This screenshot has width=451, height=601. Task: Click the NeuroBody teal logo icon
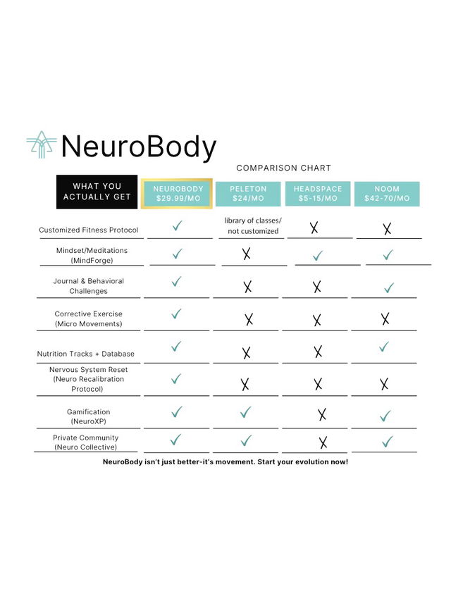41,144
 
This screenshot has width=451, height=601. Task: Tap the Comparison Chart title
283,168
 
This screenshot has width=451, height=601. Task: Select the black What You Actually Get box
97,192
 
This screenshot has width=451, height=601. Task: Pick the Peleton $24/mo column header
248,194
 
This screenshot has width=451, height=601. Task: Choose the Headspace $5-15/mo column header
318,194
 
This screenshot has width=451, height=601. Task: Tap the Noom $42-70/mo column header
387,194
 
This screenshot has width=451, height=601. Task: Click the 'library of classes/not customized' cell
253,225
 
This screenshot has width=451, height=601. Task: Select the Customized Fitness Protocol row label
88,230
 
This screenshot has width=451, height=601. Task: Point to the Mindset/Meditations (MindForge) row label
92,255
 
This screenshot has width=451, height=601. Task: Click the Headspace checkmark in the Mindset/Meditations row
318,256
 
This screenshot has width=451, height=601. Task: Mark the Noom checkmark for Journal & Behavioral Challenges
389,288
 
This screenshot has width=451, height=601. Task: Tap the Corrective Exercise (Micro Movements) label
89,318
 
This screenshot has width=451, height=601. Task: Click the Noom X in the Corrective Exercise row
385,318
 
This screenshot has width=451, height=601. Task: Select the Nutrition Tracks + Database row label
85,354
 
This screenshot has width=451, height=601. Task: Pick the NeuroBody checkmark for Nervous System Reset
176,378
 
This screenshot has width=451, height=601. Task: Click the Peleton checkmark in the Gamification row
245,412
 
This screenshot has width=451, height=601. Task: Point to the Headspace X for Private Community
323,442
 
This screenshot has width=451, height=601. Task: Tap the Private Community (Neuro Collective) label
85,442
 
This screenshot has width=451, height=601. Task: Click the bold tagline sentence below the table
225,462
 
